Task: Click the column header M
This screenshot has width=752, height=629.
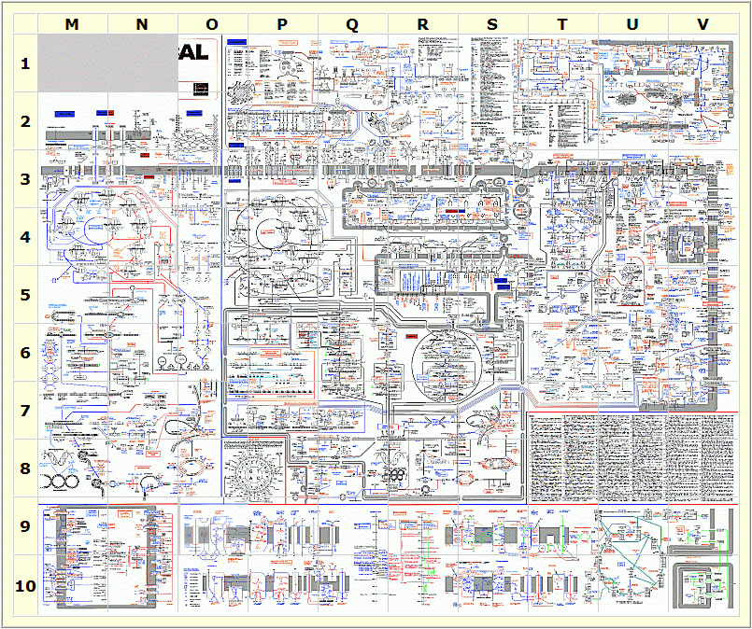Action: click(73, 24)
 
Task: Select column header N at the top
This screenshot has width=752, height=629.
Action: click(142, 24)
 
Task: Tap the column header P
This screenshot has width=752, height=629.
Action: click(282, 24)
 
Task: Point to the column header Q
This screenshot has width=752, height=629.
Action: click(352, 24)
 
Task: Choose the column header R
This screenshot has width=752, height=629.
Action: click(422, 24)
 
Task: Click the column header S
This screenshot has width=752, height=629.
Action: click(492, 24)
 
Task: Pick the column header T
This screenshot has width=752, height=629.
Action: click(562, 24)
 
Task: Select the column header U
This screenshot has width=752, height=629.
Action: click(632, 24)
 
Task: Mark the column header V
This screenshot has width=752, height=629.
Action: click(702, 24)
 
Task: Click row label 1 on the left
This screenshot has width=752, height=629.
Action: click(26, 63)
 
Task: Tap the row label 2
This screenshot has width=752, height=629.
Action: click(26, 121)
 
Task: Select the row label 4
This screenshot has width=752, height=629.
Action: click(26, 237)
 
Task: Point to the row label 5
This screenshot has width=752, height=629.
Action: click(26, 295)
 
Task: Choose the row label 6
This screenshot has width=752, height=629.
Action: click(26, 353)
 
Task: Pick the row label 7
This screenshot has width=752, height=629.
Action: click(26, 411)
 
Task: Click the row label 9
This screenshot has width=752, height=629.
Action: click(26, 526)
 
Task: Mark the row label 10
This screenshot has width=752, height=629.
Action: click(26, 586)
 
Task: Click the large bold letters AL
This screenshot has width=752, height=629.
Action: click(195, 52)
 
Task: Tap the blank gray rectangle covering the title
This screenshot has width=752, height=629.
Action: click(110, 64)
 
